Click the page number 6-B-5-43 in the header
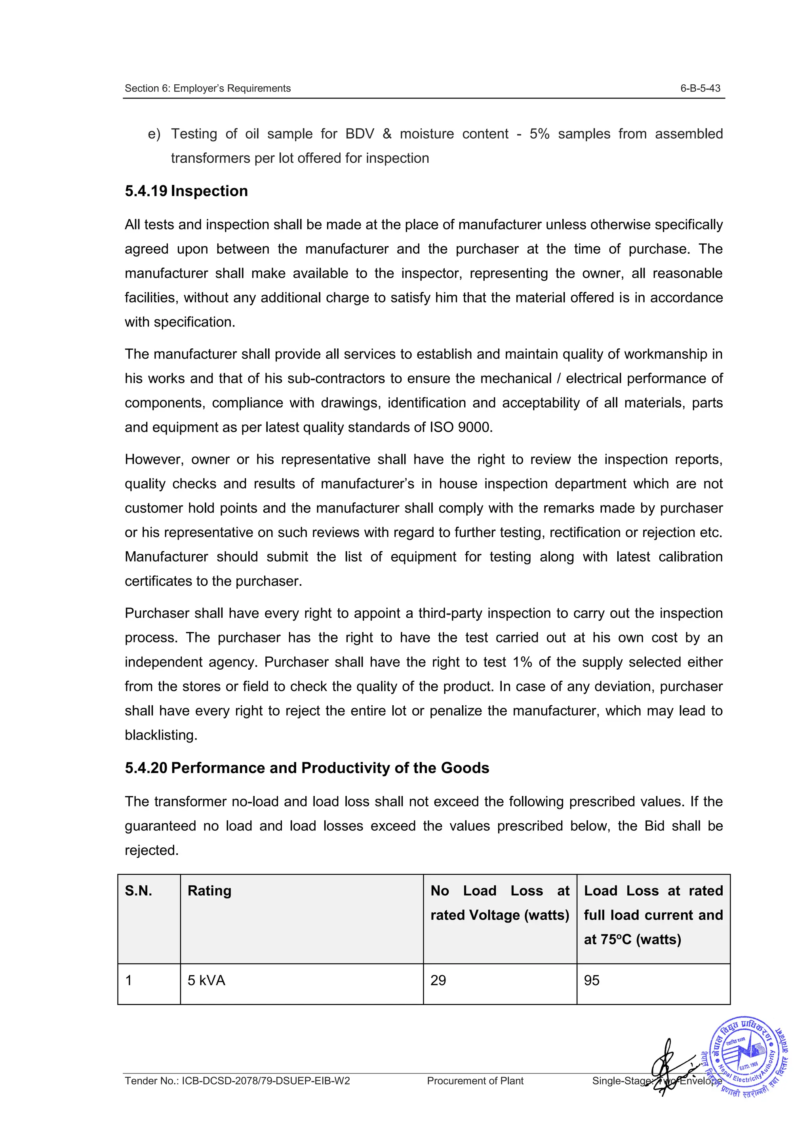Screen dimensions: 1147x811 point(700,88)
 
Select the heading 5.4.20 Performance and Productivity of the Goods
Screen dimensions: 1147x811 point(307,768)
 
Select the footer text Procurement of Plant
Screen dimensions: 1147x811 point(475,1081)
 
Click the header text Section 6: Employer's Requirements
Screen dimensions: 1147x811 point(208,88)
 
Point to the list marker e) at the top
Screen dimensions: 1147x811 point(154,134)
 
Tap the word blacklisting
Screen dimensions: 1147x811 point(161,735)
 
